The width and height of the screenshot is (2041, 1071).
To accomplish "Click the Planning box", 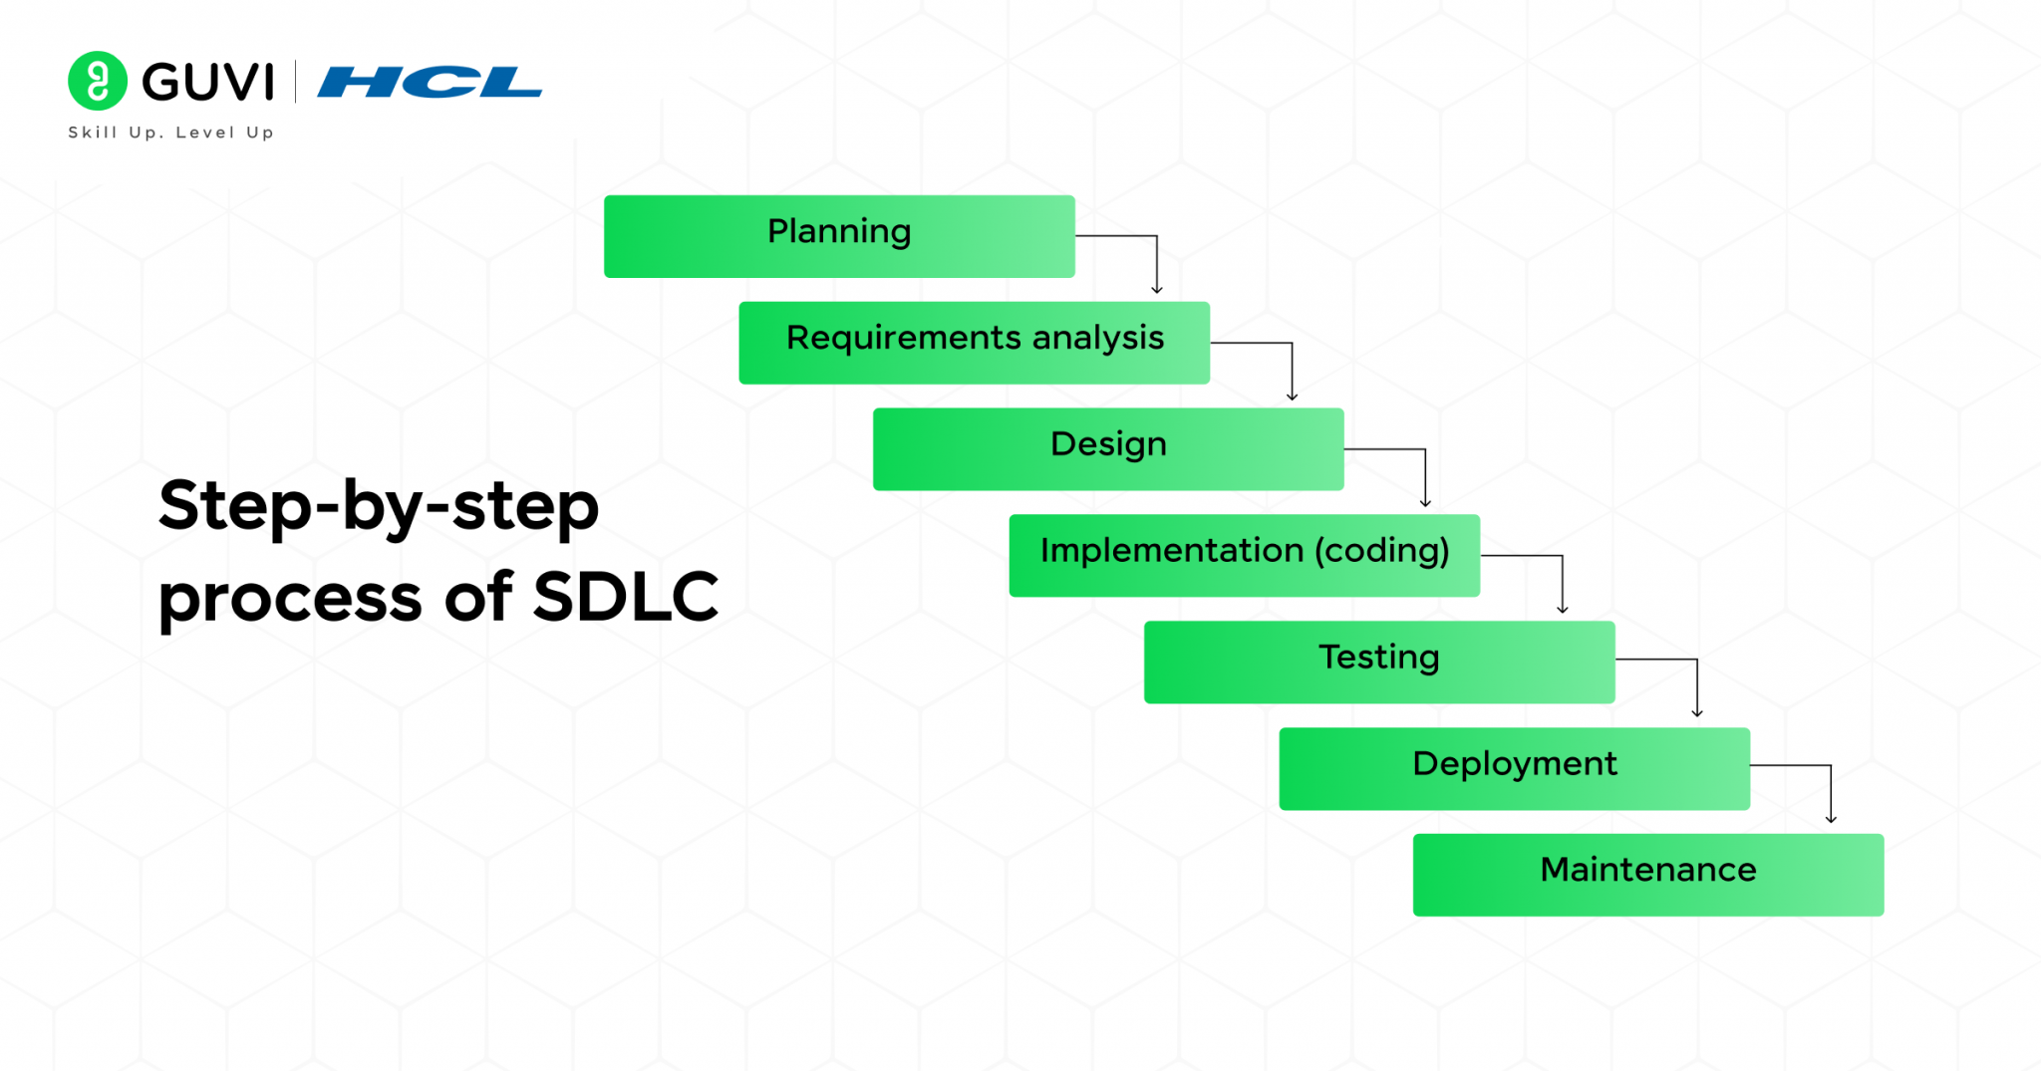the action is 839,236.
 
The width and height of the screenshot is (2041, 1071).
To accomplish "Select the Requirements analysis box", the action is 975,343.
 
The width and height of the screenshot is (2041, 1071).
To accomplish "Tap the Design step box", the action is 1108,449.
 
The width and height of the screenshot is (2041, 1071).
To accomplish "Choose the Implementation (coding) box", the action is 1245,556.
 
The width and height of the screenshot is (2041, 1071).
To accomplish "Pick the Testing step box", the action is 1379,663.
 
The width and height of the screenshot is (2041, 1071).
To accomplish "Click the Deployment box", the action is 1515,769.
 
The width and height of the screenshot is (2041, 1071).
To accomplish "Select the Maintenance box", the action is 1648,875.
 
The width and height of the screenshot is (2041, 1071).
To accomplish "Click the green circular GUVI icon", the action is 98,81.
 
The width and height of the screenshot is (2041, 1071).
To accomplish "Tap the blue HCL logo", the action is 430,82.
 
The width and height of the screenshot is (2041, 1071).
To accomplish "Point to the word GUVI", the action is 208,82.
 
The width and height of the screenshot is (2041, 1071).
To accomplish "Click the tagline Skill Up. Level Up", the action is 170,133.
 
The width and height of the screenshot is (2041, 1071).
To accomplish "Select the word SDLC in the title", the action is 626,597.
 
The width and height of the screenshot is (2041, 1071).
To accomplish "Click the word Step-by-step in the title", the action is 379,508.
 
